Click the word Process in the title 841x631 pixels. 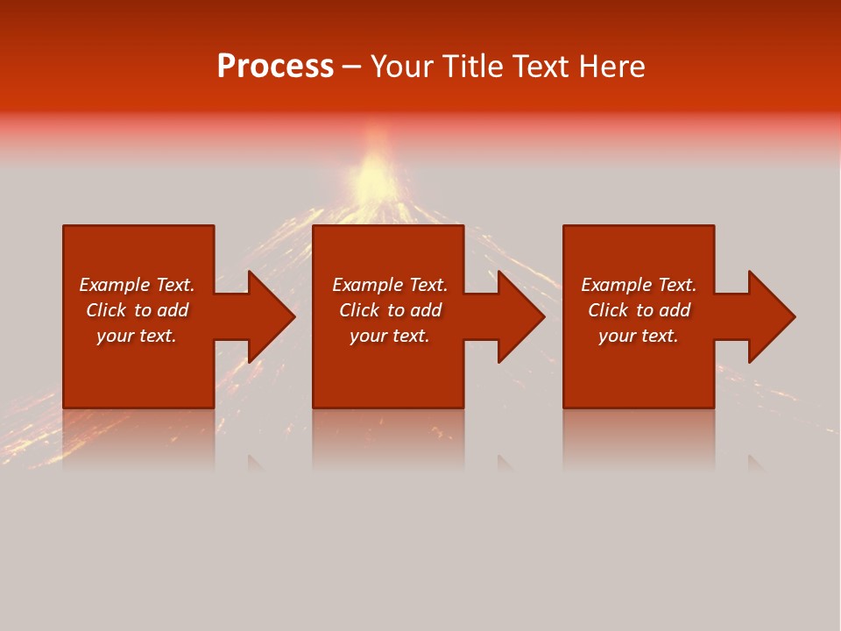pyautogui.click(x=275, y=67)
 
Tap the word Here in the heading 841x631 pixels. pyautogui.click(x=611, y=67)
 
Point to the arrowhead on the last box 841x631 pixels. pyautogui.click(x=767, y=316)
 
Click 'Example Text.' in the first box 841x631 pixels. pyautogui.click(x=137, y=285)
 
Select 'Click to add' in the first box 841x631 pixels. pyautogui.click(x=137, y=310)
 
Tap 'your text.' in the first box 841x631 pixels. pyautogui.click(x=137, y=336)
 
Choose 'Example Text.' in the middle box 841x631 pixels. pyautogui.click(x=390, y=285)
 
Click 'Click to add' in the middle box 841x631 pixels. pyautogui.click(x=390, y=310)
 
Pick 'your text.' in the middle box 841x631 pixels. pyautogui.click(x=390, y=336)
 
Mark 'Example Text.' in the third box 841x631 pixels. pyautogui.click(x=639, y=285)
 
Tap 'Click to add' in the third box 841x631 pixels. pyautogui.click(x=639, y=310)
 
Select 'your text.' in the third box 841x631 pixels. pyautogui.click(x=639, y=336)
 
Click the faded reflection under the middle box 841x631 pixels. pyautogui.click(x=389, y=438)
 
